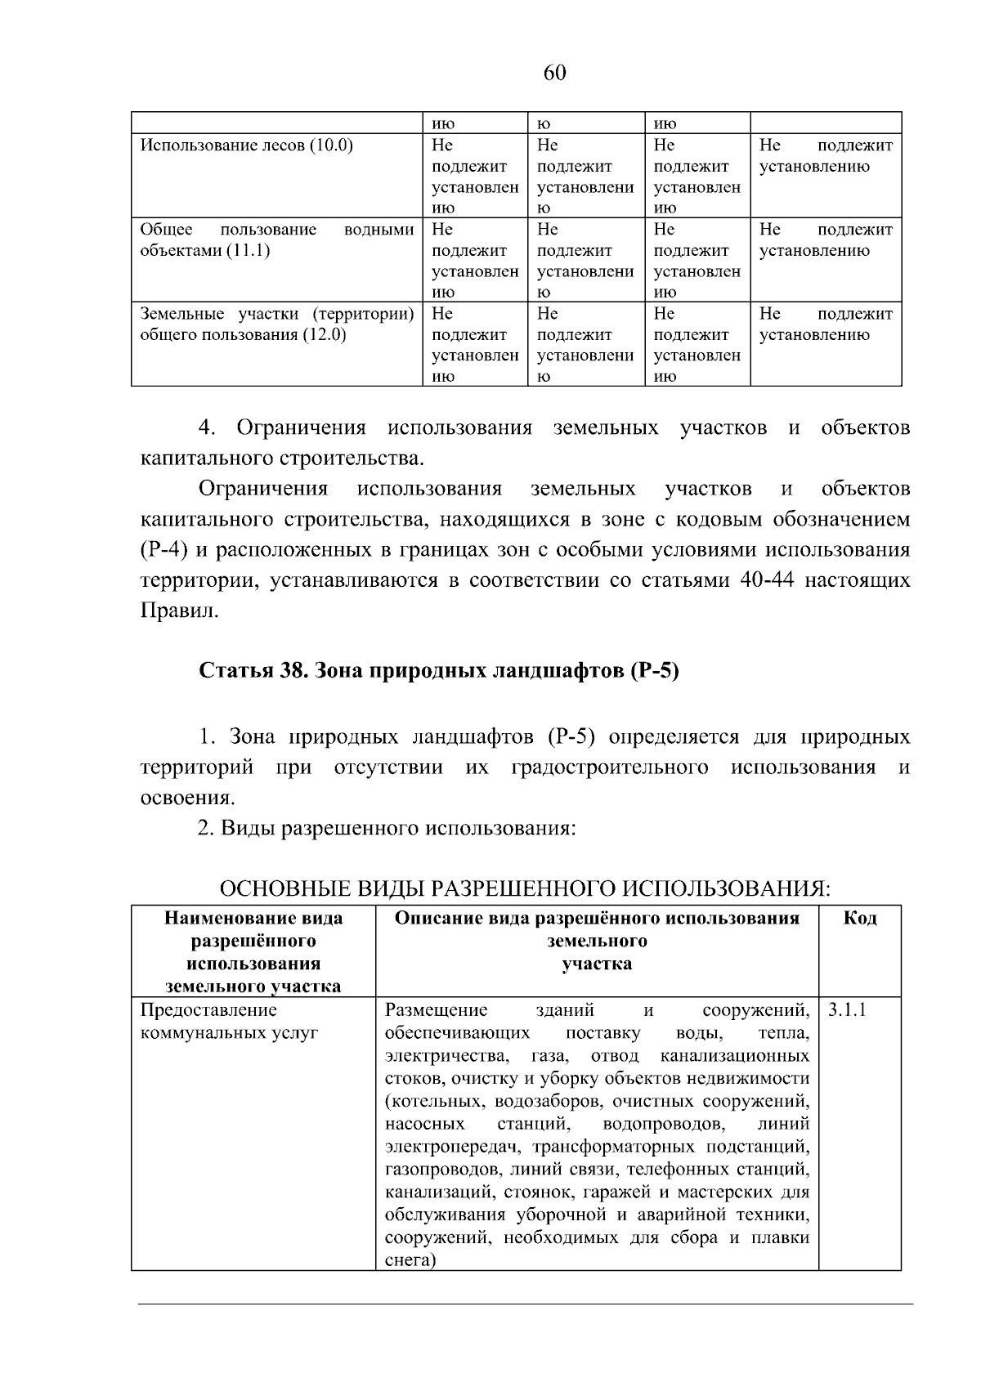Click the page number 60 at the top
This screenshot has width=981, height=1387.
554,74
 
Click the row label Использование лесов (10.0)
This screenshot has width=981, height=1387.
247,146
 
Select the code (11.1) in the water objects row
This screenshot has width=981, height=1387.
248,251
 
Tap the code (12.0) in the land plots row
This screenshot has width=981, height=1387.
325,335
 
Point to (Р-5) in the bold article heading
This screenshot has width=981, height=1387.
654,672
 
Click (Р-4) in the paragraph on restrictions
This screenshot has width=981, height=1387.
163,550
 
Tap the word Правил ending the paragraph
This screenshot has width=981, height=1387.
179,611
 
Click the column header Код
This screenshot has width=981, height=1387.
859,918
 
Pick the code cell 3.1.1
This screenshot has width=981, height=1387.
846,1010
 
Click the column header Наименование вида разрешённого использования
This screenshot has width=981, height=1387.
253,951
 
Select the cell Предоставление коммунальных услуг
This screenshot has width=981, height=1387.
229,1022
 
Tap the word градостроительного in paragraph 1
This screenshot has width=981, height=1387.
609,767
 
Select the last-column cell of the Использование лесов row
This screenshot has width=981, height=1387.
826,156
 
